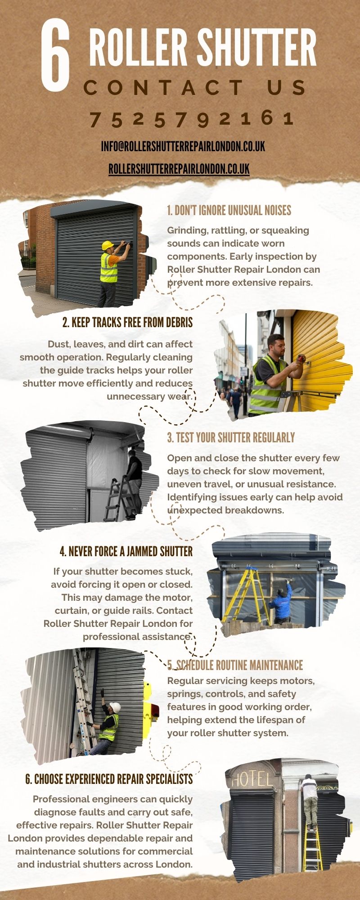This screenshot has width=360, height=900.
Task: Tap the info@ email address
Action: (183, 146)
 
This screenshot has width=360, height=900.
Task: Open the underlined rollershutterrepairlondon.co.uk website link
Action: (179, 169)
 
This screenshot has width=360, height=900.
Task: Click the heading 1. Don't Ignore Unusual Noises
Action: (229, 210)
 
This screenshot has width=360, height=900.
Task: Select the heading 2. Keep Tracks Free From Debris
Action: (127, 322)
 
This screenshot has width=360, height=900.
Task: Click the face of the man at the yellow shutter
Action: (274, 345)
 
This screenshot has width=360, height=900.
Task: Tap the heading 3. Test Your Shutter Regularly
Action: (231, 437)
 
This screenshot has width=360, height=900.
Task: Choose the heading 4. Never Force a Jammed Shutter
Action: (126, 551)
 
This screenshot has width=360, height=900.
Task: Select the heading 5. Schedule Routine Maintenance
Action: (235, 665)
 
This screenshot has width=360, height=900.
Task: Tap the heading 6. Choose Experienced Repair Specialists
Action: (109, 779)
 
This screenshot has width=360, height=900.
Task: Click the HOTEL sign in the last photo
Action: (252, 779)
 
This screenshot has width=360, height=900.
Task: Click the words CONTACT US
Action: (194, 88)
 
